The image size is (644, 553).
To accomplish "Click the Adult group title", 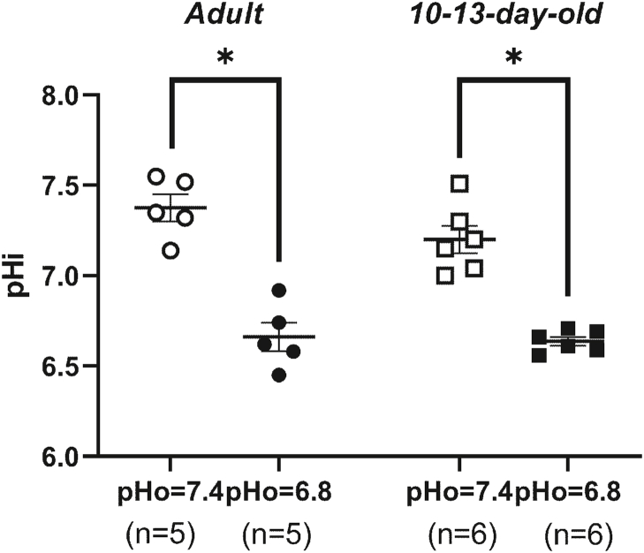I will click(224, 17).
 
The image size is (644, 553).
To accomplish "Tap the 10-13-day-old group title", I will click(511, 17).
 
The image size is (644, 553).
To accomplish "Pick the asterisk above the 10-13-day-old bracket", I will click(511, 57).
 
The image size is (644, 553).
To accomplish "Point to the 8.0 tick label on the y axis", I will click(59, 95).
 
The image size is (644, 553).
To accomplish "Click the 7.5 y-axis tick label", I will click(59, 186).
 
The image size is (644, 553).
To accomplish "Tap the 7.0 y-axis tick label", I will click(59, 276).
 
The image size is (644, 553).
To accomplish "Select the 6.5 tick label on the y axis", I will click(59, 367).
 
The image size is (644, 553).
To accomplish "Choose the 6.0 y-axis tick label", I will click(59, 457).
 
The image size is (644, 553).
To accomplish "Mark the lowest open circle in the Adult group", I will click(171, 251).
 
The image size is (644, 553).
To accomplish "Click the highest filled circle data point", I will click(280, 291).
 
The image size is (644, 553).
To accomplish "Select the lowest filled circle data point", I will click(279, 375).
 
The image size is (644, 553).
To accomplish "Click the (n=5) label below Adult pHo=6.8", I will click(279, 534).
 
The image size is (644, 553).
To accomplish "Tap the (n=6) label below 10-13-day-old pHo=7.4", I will click(458, 534).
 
